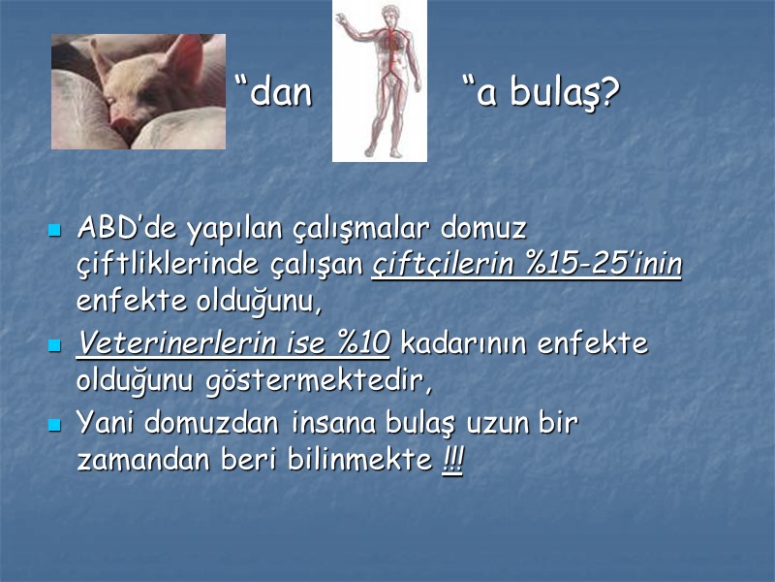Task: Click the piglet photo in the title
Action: tap(138, 92)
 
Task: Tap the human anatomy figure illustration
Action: tap(379, 81)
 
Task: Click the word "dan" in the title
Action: tap(276, 93)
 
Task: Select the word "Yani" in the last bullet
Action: tap(107, 424)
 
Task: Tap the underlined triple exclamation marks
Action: tap(452, 460)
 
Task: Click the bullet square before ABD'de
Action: tap(55, 231)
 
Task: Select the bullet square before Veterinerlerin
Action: tap(55, 344)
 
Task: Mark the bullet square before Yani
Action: tap(55, 425)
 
